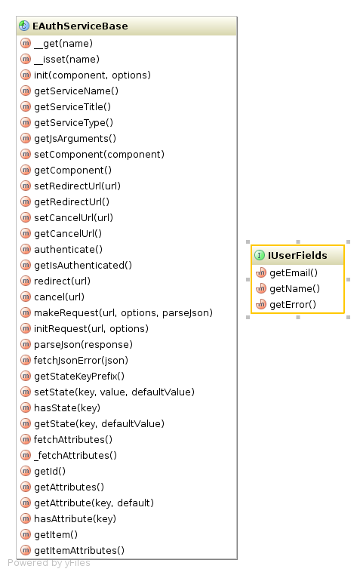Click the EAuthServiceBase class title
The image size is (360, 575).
[x=80, y=26]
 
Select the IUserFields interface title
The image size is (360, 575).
[x=297, y=255]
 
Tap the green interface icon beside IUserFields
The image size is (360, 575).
[x=259, y=255]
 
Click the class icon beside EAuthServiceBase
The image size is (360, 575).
[x=24, y=26]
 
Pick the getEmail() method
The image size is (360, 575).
[x=294, y=273]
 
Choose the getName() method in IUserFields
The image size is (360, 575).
[x=295, y=288]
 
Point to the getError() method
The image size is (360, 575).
[x=293, y=304]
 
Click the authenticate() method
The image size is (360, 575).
[x=68, y=249]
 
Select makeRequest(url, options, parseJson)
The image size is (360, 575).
[x=123, y=313]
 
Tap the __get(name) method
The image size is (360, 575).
[x=63, y=44]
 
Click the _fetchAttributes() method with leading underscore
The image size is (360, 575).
[x=75, y=456]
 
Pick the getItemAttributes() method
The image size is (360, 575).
[x=79, y=550]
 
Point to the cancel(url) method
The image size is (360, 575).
[x=59, y=297]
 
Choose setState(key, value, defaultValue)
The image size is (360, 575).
[x=114, y=392]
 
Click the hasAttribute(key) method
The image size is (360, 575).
[x=75, y=519]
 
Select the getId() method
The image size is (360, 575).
[x=50, y=471]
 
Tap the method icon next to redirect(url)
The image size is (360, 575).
[x=26, y=281]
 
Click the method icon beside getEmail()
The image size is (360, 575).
[x=260, y=272]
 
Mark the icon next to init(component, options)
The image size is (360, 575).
[x=26, y=75]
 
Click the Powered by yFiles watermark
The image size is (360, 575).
[x=49, y=563]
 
